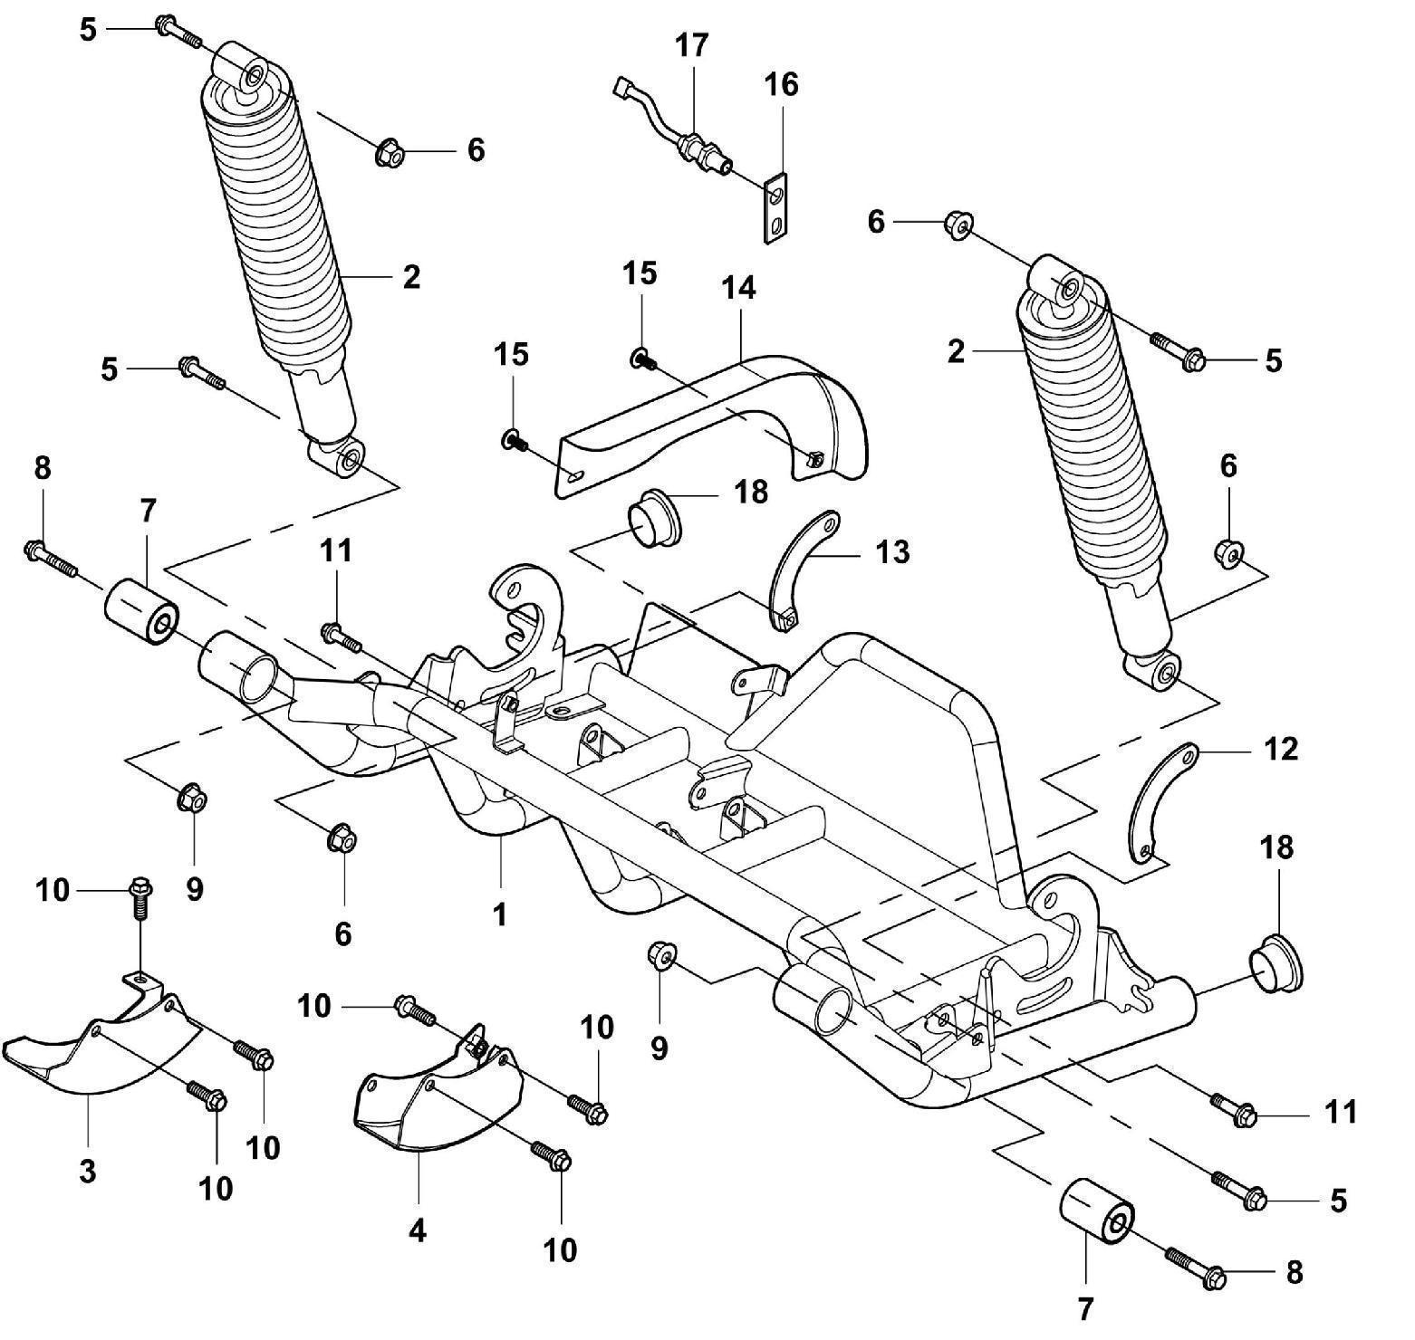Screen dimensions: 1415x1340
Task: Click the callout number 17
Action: coord(691,44)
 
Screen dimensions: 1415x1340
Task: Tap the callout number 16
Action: coord(781,84)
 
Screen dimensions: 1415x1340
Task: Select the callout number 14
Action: coord(738,288)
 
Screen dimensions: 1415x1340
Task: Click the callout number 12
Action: coord(1280,749)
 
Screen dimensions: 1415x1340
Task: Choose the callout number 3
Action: coord(87,1171)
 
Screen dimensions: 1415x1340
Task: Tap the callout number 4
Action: coord(418,1230)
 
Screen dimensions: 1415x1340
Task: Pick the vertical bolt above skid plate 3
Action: coord(140,898)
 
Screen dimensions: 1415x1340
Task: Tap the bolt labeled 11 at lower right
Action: coord(1232,1107)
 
